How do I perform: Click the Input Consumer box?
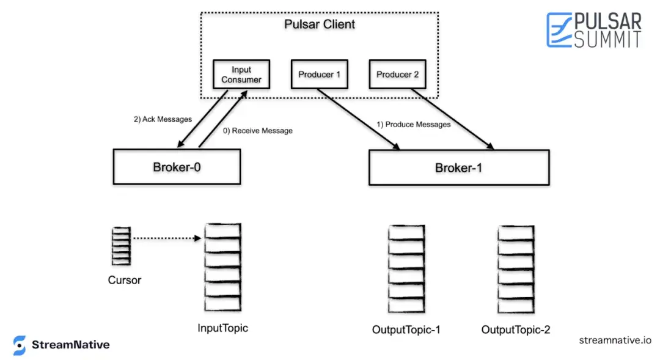click(241, 75)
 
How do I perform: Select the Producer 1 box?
click(320, 75)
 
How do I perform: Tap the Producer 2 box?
click(397, 75)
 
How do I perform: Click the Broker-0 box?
click(177, 167)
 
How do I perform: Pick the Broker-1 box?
click(459, 167)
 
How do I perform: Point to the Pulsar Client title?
click(320, 24)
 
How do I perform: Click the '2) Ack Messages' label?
click(163, 119)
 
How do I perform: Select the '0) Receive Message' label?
click(258, 131)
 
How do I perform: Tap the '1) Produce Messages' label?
click(413, 125)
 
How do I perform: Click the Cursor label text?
click(125, 280)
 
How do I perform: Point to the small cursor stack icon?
click(121, 246)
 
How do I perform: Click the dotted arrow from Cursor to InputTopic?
click(167, 238)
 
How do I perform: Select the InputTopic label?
click(222, 328)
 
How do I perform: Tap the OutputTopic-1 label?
click(406, 329)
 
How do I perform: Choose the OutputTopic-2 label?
click(516, 329)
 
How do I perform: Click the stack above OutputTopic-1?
click(406, 269)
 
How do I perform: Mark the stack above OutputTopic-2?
click(516, 269)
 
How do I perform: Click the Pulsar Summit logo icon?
click(559, 29)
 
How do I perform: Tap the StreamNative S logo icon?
click(19, 345)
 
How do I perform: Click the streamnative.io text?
click(615, 340)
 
